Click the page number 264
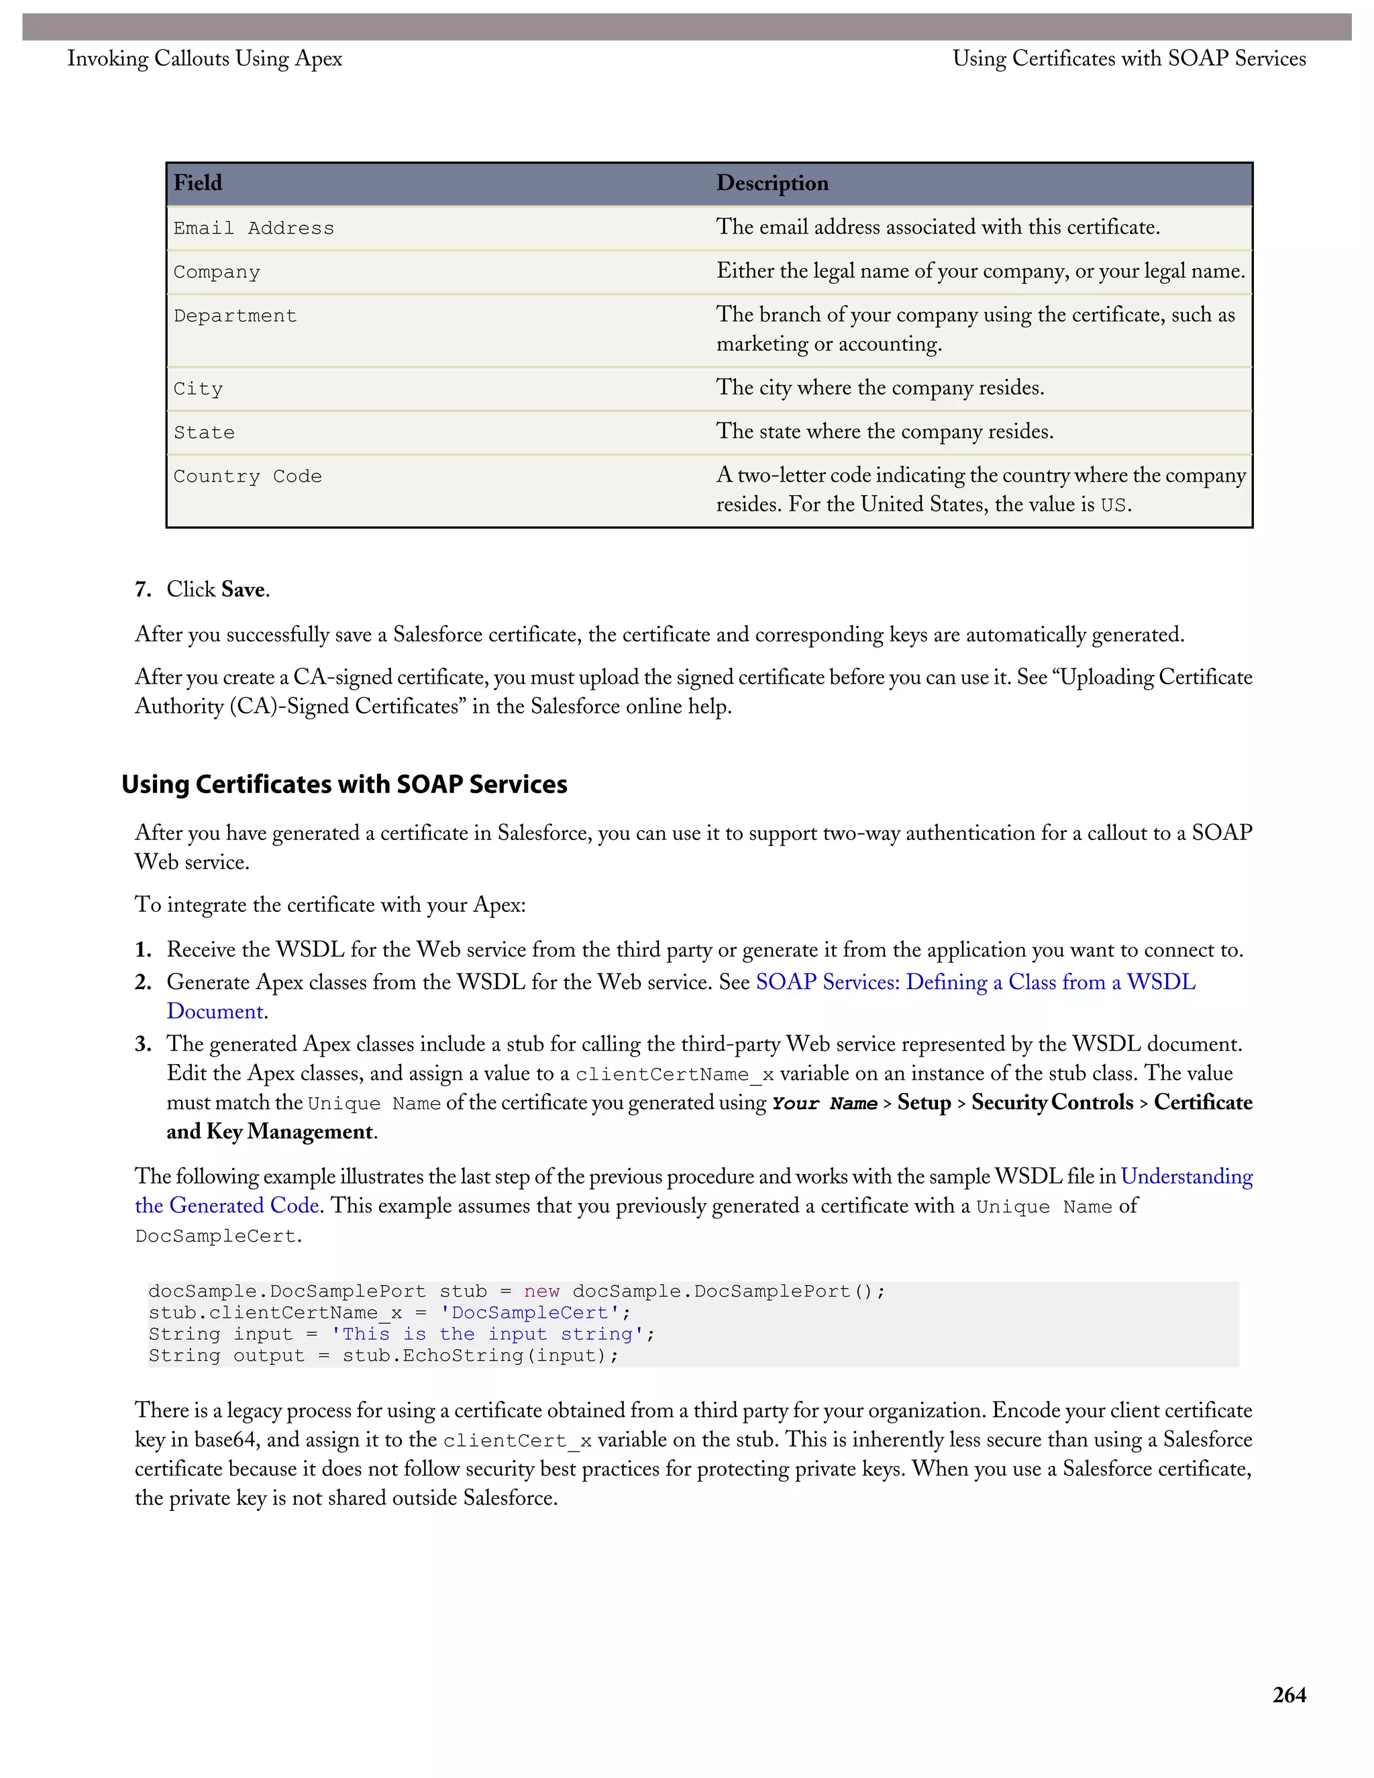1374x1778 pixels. coord(1289,1695)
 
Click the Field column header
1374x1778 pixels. coord(198,183)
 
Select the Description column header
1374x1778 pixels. coord(772,183)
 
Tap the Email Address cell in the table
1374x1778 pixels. coord(253,229)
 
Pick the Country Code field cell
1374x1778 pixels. coord(248,476)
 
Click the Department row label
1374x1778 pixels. coord(235,316)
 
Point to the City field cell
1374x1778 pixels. coord(198,389)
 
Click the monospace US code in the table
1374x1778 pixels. coord(1113,506)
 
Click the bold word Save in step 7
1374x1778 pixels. coord(243,589)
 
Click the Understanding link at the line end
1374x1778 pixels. coord(1186,1176)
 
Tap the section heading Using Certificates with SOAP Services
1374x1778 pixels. coord(344,784)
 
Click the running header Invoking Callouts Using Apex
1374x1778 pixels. coord(205,58)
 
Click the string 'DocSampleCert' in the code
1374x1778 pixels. coord(530,1313)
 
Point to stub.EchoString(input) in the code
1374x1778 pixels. coord(480,1355)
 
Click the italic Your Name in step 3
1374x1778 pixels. coord(824,1104)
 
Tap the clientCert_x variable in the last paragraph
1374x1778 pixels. coord(517,1441)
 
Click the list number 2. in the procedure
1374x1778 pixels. coord(144,983)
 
